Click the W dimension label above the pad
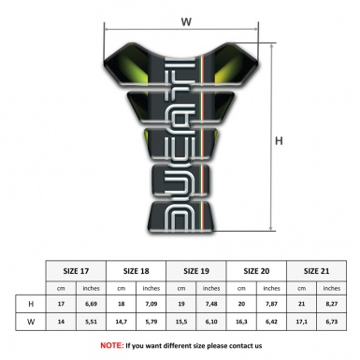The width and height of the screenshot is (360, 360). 185,18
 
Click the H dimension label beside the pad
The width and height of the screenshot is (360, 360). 279,140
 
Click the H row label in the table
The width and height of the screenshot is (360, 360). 33,305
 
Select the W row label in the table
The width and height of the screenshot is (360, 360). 33,323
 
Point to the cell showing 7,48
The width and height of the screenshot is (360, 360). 211,305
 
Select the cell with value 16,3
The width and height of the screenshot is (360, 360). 241,323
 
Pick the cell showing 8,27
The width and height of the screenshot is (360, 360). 330,305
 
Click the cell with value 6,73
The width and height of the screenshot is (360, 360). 330,323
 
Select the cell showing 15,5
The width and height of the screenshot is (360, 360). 181,323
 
